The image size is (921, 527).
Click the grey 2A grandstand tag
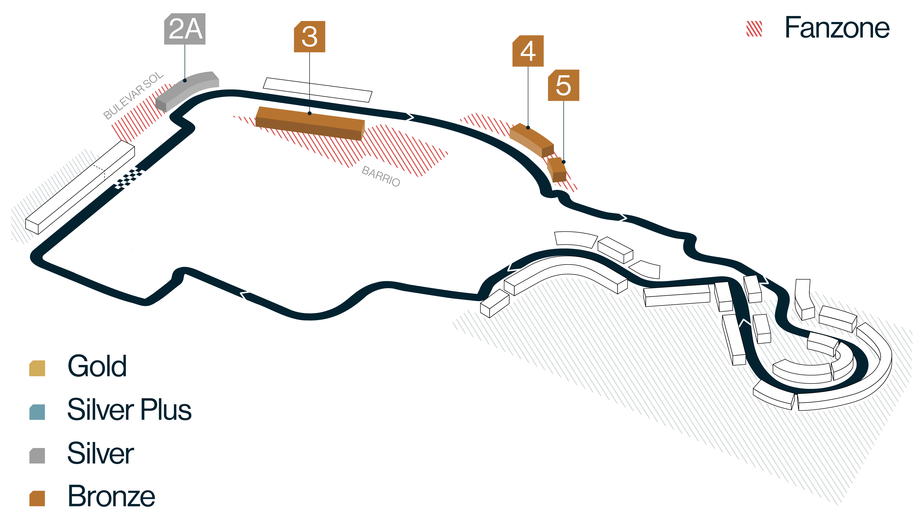[185, 29]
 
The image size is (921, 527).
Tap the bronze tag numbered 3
[310, 36]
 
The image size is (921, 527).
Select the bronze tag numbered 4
[528, 51]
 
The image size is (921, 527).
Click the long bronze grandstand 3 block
[310, 123]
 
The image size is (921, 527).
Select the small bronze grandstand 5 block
[557, 169]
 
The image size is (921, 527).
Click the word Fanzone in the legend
[837, 28]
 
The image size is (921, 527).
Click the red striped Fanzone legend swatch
[754, 28]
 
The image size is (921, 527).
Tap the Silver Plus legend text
[129, 409]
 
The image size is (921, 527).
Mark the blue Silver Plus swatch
[37, 412]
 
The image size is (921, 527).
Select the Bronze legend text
[112, 496]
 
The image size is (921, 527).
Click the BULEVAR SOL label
[133, 95]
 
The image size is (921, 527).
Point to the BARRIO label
[381, 176]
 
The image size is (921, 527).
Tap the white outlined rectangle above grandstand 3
[318, 90]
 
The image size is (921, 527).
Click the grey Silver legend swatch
[37, 456]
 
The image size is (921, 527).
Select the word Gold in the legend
[97, 366]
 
